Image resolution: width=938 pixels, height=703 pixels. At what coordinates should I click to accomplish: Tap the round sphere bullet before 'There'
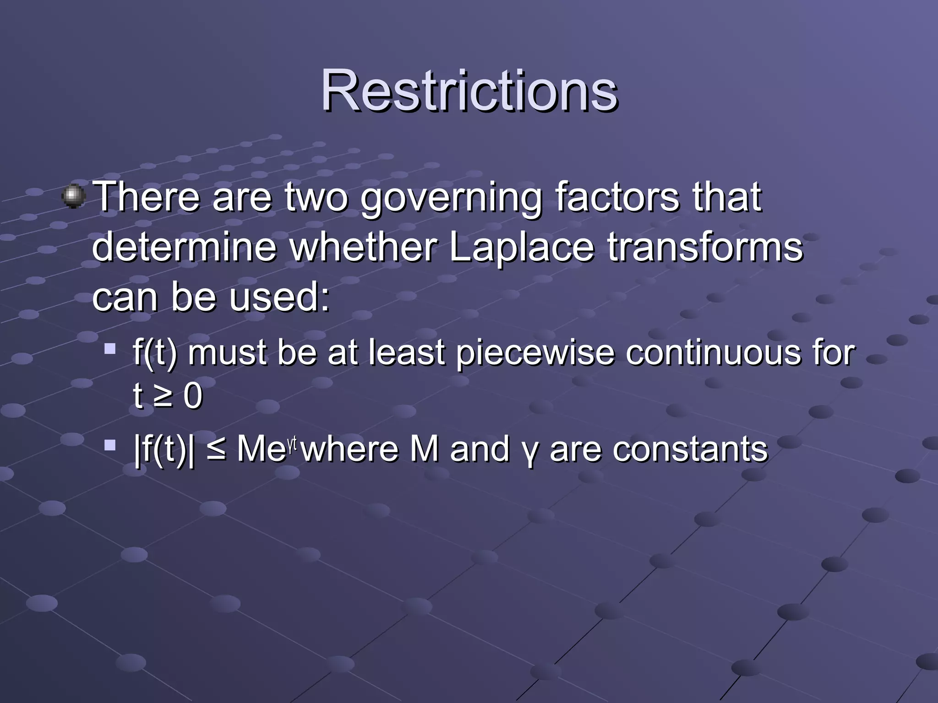click(x=73, y=197)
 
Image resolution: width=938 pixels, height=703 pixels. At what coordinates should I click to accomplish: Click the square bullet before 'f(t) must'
click(x=109, y=350)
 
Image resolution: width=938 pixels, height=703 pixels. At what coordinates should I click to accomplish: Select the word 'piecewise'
click(x=534, y=353)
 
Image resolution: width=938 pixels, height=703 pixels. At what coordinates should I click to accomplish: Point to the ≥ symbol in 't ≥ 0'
click(x=163, y=396)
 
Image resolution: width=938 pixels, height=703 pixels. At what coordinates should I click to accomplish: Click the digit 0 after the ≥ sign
click(x=193, y=396)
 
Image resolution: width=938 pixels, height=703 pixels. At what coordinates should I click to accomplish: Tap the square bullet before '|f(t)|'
click(x=109, y=445)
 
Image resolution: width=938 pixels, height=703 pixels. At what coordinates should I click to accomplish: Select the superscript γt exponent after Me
click(x=292, y=443)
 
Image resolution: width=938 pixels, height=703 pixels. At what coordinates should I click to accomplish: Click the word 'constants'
click(x=690, y=449)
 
